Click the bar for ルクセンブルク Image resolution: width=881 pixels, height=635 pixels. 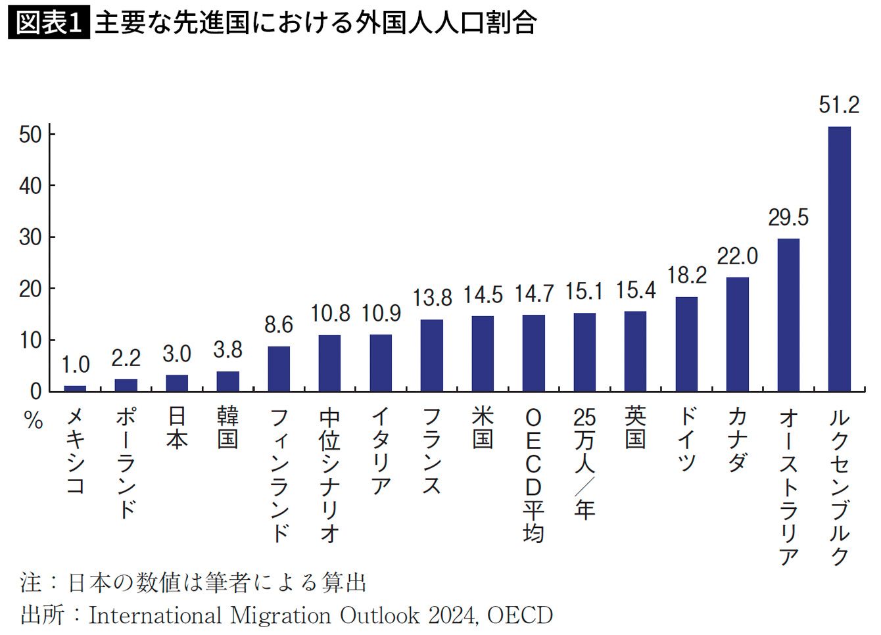839,259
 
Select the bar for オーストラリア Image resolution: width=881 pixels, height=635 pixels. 788,315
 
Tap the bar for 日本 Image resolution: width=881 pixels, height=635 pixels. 177,383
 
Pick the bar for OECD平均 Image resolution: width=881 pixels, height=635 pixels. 534,353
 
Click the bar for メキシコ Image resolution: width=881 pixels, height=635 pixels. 75,388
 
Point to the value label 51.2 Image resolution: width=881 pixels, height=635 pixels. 839,105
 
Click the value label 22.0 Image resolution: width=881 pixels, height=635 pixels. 737,256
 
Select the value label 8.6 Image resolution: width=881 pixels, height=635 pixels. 279,325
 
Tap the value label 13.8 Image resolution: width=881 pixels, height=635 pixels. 432,298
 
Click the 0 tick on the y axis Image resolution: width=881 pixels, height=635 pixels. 36,392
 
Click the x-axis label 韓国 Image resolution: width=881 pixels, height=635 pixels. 227,427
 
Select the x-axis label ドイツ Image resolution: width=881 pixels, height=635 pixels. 686,439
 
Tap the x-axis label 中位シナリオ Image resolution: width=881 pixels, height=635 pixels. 330,475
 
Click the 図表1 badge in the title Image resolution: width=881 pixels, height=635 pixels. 49,23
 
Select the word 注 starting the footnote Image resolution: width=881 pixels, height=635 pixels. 31,582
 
